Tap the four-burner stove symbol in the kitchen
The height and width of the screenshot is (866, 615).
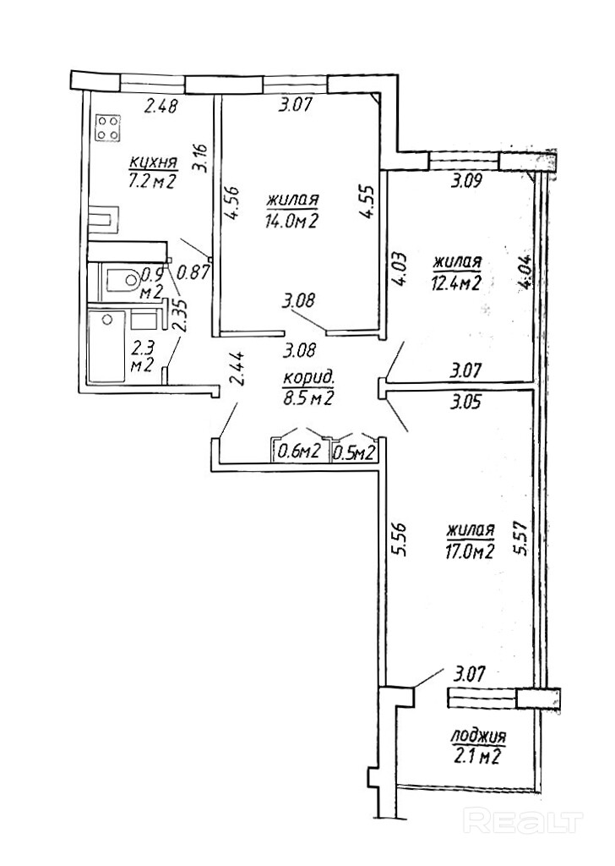(107, 128)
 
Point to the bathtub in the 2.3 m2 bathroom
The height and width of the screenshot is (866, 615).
(106, 347)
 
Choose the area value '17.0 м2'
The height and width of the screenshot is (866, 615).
(470, 553)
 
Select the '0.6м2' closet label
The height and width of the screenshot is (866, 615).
(298, 452)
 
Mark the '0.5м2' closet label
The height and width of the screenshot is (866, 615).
(355, 452)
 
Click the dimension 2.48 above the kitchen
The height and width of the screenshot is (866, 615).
(162, 107)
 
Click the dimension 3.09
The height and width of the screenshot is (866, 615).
(467, 180)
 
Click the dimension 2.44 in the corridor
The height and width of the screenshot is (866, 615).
(239, 370)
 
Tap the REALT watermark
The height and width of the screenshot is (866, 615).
(525, 820)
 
